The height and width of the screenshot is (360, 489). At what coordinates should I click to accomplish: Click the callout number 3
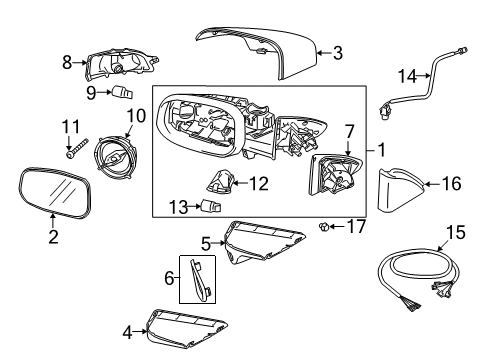(x=338, y=53)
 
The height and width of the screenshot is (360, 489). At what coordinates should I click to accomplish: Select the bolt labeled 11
(x=77, y=148)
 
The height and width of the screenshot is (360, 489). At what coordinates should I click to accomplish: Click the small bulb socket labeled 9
(x=123, y=92)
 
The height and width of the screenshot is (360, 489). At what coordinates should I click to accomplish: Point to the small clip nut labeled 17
(x=323, y=227)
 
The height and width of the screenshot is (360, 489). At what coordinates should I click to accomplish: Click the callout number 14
(x=408, y=76)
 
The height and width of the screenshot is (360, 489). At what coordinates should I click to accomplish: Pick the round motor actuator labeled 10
(x=116, y=157)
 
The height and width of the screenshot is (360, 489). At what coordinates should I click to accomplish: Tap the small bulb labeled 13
(x=211, y=206)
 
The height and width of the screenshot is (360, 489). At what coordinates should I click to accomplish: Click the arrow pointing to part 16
(x=432, y=184)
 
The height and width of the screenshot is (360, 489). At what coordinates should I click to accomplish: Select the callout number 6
(x=169, y=278)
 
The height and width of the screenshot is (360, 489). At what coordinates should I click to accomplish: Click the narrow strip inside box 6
(x=200, y=280)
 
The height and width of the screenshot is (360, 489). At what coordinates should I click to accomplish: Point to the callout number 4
(x=127, y=333)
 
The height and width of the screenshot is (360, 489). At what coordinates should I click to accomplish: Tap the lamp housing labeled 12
(x=220, y=182)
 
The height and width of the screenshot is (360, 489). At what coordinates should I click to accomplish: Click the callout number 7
(x=349, y=132)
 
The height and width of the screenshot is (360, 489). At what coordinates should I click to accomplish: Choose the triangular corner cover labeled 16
(x=400, y=190)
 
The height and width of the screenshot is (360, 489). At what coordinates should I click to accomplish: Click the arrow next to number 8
(x=79, y=62)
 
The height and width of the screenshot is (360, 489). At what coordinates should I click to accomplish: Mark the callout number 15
(x=456, y=233)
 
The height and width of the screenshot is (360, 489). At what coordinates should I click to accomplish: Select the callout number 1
(x=382, y=150)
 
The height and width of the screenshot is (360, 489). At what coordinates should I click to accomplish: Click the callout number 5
(x=206, y=244)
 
